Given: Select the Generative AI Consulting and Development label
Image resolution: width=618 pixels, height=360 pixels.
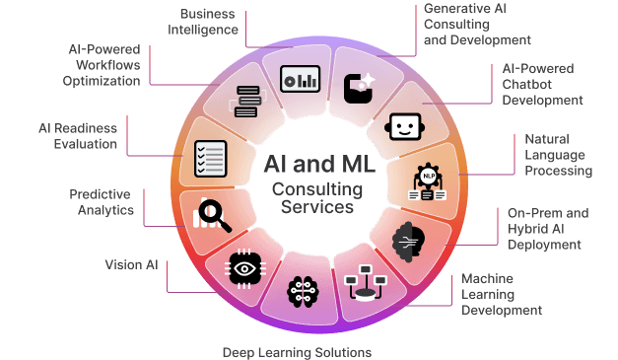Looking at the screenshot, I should [x=477, y=25].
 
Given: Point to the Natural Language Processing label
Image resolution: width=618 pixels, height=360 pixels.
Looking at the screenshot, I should [x=558, y=155].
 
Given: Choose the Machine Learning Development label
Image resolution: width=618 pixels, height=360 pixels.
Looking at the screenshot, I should [x=502, y=294].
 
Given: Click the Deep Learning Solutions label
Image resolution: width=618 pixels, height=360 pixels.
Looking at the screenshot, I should [x=297, y=351].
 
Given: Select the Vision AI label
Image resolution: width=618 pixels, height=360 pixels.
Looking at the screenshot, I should [x=131, y=264].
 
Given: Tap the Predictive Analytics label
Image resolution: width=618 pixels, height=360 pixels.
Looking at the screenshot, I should [x=102, y=201].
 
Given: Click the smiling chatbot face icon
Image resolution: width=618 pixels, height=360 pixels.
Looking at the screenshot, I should [x=404, y=127].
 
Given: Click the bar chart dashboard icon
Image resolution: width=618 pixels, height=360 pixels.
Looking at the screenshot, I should [x=298, y=79].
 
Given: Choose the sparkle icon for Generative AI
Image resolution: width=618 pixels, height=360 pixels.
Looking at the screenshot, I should [x=360, y=87].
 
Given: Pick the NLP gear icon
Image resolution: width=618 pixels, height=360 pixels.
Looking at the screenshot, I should [x=429, y=180].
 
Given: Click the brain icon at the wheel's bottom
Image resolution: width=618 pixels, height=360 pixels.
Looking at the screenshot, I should [x=301, y=290].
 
